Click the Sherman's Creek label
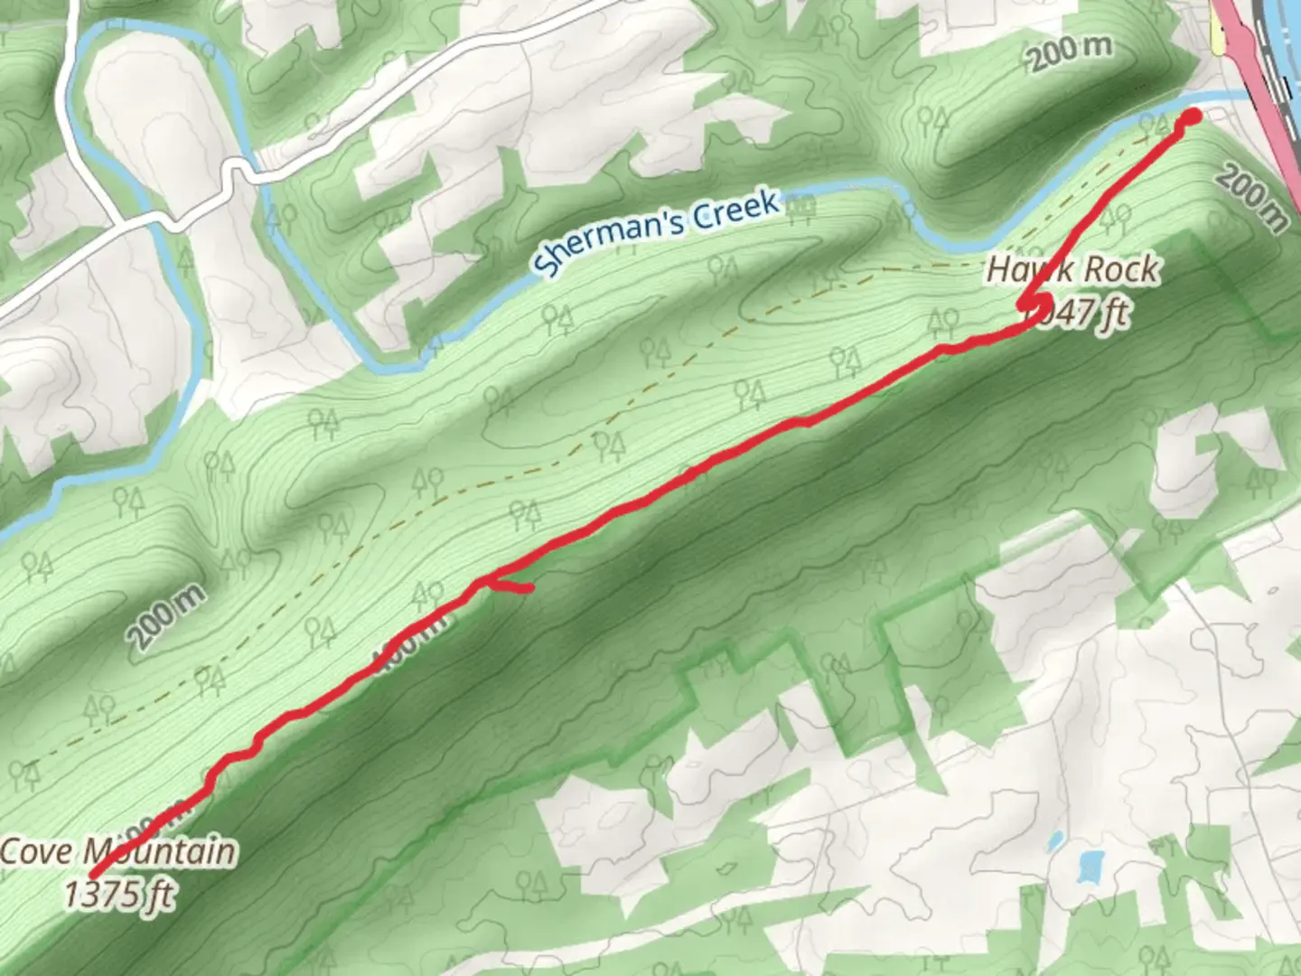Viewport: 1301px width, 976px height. pos(657,231)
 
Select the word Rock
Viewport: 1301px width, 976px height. pos(1120,269)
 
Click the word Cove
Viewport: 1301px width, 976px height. pos(37,851)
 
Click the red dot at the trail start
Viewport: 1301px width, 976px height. pos(1192,117)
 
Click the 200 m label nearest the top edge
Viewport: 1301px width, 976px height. pos(1071,52)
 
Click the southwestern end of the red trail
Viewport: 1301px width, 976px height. pos(94,875)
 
